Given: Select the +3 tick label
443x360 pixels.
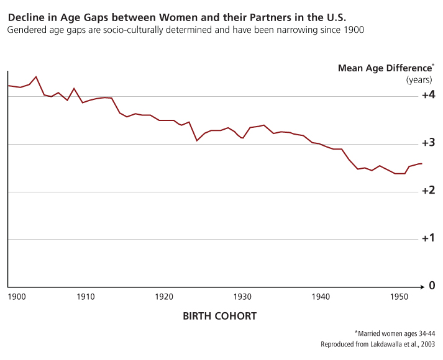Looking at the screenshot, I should (428, 143).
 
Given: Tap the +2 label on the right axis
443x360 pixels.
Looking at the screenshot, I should (428, 191).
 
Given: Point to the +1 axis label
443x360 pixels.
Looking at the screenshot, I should (428, 238).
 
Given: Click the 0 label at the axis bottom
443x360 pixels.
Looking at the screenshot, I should (431, 286).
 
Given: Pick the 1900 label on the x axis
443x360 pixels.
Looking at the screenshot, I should (17, 297).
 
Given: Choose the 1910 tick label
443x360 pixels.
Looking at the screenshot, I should (86, 297).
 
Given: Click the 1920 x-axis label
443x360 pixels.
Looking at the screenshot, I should (164, 297).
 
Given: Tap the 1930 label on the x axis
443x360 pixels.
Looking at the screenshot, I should (242, 297).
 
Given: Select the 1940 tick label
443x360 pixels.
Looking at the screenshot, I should (321, 297).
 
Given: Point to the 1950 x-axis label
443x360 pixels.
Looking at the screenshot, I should (399, 297).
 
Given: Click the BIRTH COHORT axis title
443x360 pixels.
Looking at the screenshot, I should (219, 316).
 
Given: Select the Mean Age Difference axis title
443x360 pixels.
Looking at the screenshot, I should (385, 68).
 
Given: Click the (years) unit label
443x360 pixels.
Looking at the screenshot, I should (419, 79).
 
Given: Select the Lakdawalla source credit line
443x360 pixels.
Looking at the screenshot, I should (377, 344).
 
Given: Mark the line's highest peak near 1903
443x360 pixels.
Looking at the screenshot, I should (36, 76).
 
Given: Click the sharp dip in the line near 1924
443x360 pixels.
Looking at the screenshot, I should (197, 140).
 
